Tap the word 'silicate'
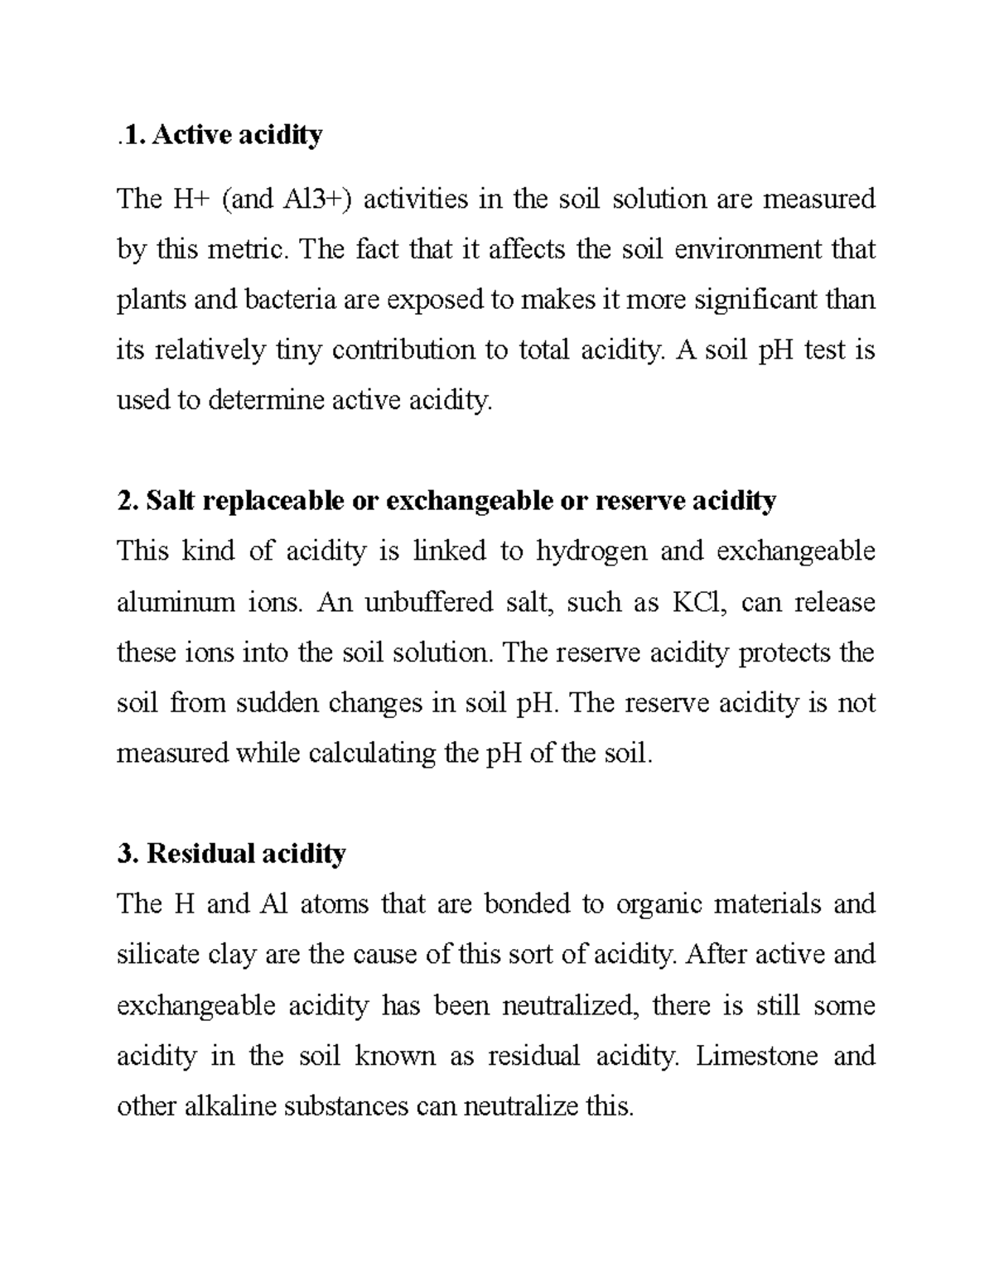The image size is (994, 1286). [x=158, y=955]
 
